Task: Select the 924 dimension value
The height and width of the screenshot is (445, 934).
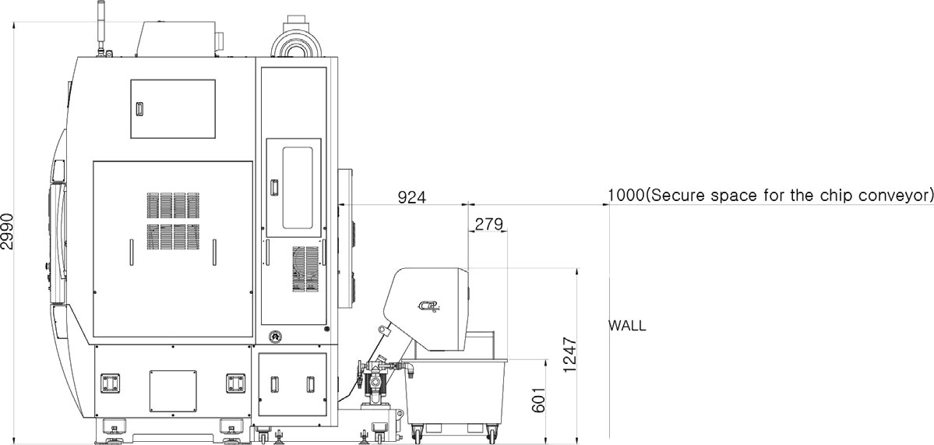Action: click(x=411, y=197)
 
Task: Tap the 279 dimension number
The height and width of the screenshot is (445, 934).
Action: click(x=488, y=224)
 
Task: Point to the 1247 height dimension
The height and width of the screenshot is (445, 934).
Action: click(x=570, y=355)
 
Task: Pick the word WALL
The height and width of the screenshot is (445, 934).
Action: click(x=626, y=326)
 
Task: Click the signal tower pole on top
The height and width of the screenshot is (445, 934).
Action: click(x=100, y=26)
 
